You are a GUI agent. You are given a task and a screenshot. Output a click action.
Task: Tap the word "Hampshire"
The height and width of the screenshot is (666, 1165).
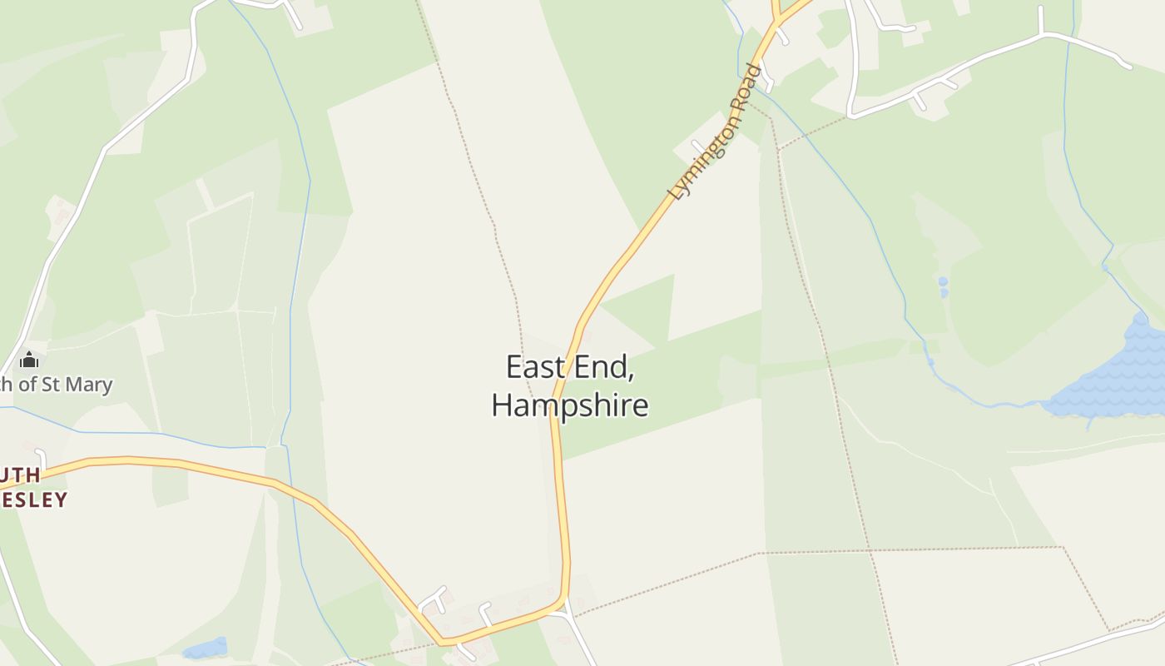570,405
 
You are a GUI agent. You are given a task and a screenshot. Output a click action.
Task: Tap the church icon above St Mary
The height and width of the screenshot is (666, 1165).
29,360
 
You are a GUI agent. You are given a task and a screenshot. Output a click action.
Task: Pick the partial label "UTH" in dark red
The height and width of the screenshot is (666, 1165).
20,475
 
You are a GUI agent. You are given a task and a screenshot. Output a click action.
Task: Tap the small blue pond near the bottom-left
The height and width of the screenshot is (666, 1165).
205,648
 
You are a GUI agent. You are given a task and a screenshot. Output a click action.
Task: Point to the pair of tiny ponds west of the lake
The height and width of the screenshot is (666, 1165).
943,286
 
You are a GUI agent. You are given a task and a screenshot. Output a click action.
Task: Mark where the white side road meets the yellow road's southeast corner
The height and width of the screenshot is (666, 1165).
565,606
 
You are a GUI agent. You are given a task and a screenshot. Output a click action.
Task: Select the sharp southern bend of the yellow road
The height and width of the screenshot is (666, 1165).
444,642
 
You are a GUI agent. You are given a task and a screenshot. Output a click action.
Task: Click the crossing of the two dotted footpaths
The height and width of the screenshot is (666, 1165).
869,550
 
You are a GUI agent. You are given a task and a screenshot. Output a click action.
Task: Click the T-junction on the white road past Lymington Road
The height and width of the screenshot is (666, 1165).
1041,34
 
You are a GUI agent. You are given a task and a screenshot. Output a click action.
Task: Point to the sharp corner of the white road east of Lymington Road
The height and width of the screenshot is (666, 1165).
851,113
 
